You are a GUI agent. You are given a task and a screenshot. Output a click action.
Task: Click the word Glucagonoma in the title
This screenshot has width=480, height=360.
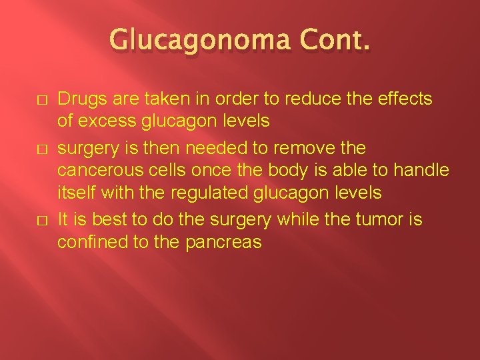coord(197,42)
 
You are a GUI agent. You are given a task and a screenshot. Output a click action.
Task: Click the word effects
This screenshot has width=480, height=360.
coord(407,99)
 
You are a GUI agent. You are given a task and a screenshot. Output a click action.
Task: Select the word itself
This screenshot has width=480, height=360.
coord(75,193)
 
